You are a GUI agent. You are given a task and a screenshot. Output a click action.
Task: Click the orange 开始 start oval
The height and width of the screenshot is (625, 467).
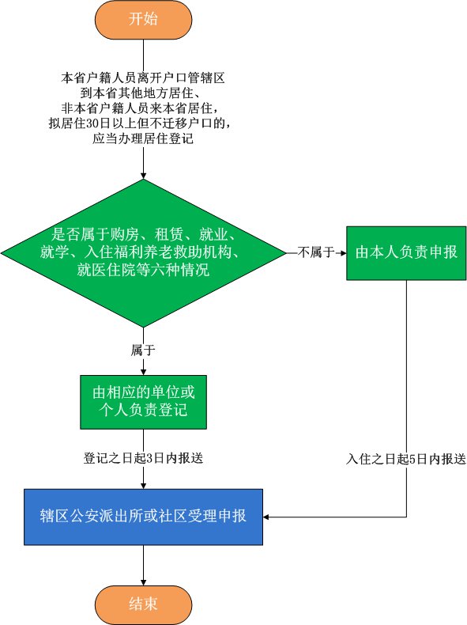tap(143, 20)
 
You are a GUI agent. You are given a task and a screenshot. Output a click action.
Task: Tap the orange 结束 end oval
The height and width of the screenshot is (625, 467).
tap(143, 604)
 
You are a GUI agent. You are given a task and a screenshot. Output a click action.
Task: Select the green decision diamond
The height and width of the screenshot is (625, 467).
tap(143, 253)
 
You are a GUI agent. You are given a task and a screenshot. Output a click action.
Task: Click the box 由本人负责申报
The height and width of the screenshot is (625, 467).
tap(406, 253)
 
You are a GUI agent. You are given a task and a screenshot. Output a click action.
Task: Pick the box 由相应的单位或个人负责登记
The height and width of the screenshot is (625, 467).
tap(143, 402)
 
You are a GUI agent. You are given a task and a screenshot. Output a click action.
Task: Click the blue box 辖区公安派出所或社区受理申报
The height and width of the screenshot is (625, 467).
tap(143, 517)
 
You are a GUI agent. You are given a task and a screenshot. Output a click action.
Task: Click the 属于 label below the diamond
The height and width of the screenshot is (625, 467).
tap(143, 350)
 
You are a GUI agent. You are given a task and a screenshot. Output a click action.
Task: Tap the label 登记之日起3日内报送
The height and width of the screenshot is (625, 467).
tap(143, 458)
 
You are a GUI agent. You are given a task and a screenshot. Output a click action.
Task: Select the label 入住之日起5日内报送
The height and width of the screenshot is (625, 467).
tap(406, 459)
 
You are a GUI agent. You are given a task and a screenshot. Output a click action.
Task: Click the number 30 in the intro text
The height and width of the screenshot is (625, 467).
tap(92, 123)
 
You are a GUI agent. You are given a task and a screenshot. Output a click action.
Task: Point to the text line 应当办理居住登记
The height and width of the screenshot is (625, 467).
tap(143, 138)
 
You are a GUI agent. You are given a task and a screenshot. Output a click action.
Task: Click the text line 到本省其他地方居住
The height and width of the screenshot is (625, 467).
tap(139, 93)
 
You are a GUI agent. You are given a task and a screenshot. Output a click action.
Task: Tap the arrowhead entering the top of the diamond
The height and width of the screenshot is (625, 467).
tap(143, 176)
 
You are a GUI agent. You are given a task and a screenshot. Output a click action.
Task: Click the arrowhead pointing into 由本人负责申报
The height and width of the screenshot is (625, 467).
tap(343, 253)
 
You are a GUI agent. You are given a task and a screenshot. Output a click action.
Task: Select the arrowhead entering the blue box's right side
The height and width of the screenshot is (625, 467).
tap(266, 517)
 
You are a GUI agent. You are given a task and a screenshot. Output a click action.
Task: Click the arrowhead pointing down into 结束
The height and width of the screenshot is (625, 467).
tap(143, 583)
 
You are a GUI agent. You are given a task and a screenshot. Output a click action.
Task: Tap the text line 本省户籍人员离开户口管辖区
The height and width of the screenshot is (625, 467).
tap(143, 78)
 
